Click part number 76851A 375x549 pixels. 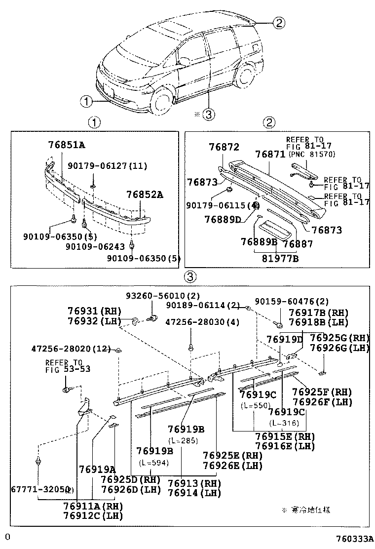(67, 145)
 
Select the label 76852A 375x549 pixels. (144, 194)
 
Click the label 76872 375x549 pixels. (224, 147)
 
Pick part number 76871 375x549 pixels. (270, 154)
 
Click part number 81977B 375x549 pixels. (280, 258)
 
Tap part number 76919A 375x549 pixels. (97, 469)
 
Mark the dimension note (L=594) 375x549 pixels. (153, 463)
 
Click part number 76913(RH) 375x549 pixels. (194, 483)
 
